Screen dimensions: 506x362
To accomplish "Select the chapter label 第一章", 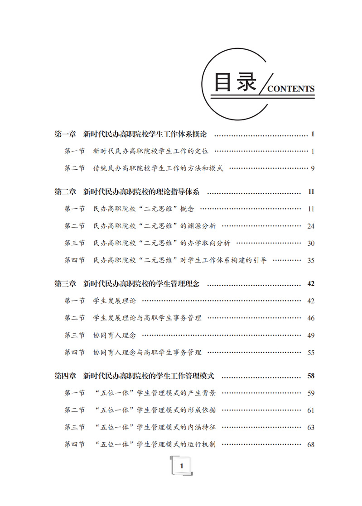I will [65, 134].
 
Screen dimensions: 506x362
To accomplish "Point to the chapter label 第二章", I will [65, 192].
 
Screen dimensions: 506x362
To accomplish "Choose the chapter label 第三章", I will [65, 284].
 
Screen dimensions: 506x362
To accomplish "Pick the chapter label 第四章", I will [65, 376].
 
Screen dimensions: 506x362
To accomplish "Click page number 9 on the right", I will [312, 168].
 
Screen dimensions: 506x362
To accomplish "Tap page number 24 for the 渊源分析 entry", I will [310, 226].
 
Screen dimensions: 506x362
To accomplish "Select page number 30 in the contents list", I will [310, 243].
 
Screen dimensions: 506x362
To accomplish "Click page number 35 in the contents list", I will [310, 260].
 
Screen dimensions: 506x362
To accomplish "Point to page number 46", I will [310, 318].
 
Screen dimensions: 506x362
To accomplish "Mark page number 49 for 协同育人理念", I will [310, 335].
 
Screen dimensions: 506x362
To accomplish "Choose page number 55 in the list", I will [310, 353].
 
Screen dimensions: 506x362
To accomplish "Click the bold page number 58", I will [310, 376].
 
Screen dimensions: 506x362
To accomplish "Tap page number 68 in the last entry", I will [310, 444].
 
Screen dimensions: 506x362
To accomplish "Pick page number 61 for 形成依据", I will [310, 410].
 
